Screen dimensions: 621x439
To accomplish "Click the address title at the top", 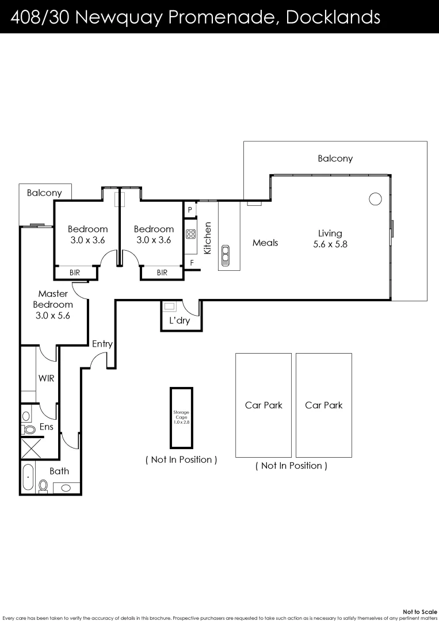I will [196, 17].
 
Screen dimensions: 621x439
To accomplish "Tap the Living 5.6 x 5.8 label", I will [330, 238].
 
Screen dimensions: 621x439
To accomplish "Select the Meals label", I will [265, 243].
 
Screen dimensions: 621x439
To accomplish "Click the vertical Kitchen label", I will [208, 238].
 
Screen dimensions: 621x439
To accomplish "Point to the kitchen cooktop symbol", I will [191, 234].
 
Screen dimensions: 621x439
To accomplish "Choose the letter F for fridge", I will [192, 262].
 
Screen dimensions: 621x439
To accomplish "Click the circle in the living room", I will [375, 199].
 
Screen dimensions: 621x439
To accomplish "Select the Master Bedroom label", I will [54, 304].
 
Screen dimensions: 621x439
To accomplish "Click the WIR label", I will [46, 378].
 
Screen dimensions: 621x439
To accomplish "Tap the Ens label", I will [47, 427].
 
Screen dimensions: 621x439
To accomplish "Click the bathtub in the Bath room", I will [28, 478].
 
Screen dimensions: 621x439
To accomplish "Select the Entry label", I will [102, 344].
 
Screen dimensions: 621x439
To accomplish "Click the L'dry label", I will [180, 321].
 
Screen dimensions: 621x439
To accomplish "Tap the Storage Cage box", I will [181, 417].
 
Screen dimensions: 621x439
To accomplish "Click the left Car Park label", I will [264, 405].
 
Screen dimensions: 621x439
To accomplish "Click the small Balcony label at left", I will [44, 193].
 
